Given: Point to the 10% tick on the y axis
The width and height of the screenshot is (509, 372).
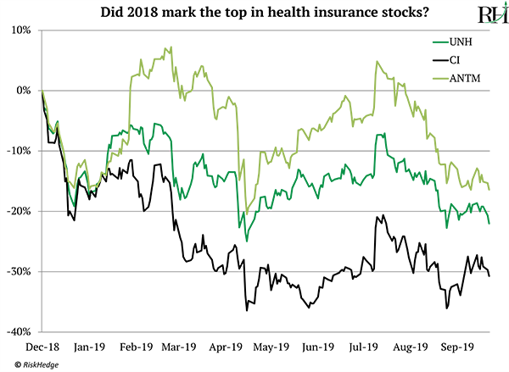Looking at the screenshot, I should [x=20, y=30].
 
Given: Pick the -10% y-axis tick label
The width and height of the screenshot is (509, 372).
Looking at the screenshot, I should [x=19, y=151].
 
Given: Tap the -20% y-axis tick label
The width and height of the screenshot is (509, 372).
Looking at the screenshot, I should [x=19, y=211].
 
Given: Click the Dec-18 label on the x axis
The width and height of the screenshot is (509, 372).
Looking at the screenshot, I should [x=41, y=347].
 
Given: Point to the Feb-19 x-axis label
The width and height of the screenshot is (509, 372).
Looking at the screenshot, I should [x=137, y=347].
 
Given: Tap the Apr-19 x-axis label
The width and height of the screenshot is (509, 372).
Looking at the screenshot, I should [x=227, y=347].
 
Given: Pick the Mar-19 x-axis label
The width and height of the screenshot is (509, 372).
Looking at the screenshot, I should [x=181, y=347].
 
